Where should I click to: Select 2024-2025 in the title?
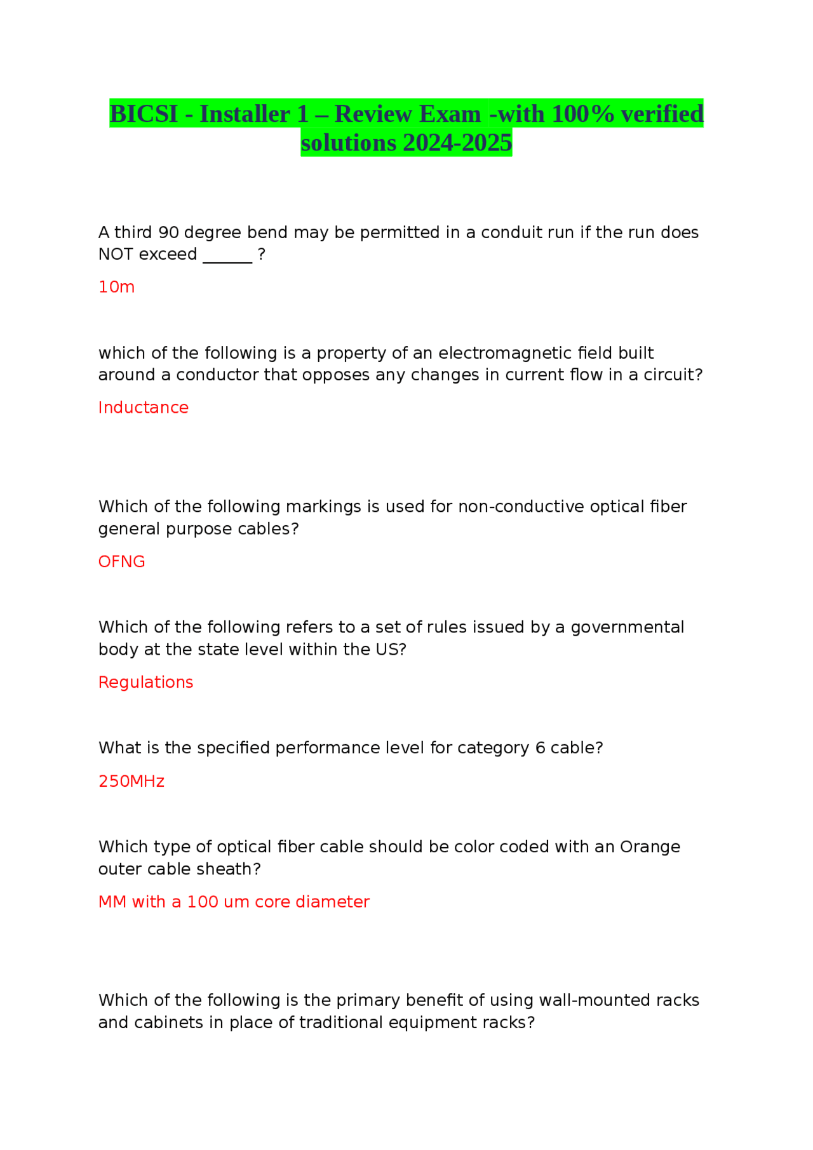[x=457, y=143]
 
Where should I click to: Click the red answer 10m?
[x=116, y=287]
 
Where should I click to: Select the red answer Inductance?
[x=143, y=408]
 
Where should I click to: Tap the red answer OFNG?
[x=121, y=561]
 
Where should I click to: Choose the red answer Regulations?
[x=145, y=682]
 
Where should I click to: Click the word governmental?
[x=627, y=627]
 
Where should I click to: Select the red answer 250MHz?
[x=131, y=781]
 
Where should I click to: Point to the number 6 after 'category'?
[x=540, y=748]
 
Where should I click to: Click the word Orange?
[x=650, y=847]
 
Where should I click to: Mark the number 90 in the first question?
[x=168, y=232]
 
